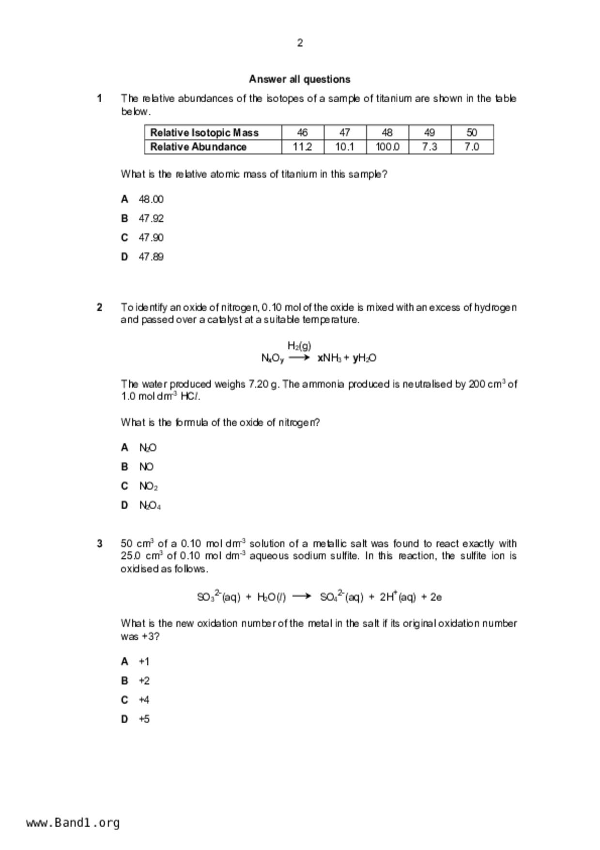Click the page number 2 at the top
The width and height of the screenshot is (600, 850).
coord(300,43)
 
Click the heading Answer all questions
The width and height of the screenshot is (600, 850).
coord(300,79)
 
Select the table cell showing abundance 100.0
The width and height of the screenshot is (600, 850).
coord(387,147)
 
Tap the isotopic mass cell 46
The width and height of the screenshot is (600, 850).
coord(302,132)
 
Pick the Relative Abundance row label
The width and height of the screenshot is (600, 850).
coord(199,147)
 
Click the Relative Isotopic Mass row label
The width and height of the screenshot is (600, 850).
coord(204,132)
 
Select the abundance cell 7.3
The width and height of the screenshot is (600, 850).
coord(430,147)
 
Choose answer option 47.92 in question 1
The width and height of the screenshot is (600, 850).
coord(151,219)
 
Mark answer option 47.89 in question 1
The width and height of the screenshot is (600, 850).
coord(151,257)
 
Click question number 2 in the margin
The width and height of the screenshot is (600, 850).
coord(99,307)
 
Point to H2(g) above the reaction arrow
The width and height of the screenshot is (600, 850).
coord(299,346)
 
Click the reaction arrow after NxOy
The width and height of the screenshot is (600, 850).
coord(299,358)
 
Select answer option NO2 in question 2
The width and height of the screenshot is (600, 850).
coord(148,486)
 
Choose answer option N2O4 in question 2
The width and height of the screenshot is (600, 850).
coord(150,505)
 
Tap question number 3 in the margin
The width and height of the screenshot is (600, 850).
coord(99,544)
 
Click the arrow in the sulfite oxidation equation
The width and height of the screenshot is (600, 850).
coord(302,597)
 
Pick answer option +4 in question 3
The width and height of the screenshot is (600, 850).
coord(144,700)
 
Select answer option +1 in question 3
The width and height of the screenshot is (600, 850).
coord(144,661)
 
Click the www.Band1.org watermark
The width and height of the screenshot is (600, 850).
coord(73,823)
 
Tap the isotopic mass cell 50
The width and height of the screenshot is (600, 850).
coord(472,132)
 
